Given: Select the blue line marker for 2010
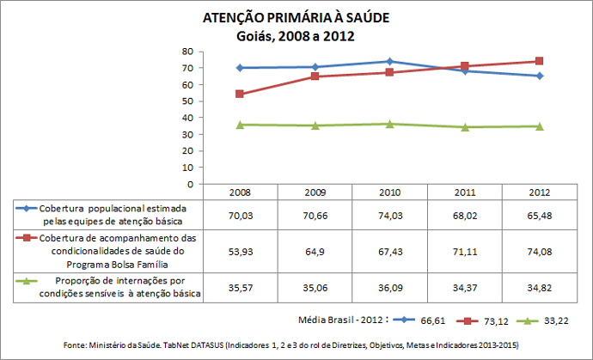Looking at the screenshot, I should pyautogui.click(x=389, y=61).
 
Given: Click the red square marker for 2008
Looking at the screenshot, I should pyautogui.click(x=239, y=94).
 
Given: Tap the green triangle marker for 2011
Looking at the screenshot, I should pyautogui.click(x=465, y=127).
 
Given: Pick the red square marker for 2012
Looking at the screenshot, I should pyautogui.click(x=539, y=61).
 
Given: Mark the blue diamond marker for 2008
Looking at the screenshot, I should pyautogui.click(x=239, y=68).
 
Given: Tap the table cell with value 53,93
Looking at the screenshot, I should pyautogui.click(x=239, y=253).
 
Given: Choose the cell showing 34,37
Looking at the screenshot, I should pyautogui.click(x=465, y=288).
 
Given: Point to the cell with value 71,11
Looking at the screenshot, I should pyautogui.click(x=465, y=253).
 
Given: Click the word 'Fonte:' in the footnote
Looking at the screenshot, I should pyautogui.click(x=79, y=345).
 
